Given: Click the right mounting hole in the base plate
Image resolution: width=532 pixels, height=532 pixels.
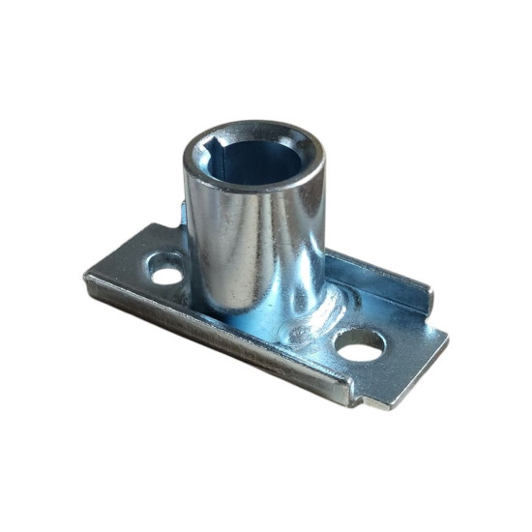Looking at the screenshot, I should click(x=361, y=346).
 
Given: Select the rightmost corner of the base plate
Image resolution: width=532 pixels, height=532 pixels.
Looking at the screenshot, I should click(x=447, y=337).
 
